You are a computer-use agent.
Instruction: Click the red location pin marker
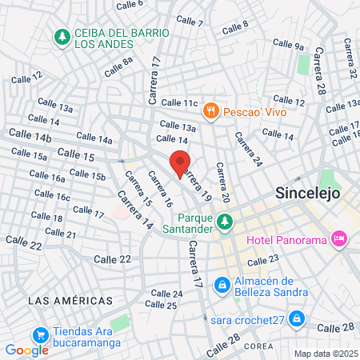[181, 165]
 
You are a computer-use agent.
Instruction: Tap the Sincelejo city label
[308, 193]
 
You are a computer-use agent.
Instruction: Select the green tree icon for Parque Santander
[226, 221]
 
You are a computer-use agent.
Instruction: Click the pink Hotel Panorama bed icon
[340, 238]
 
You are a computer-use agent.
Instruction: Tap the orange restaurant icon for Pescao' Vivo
[211, 111]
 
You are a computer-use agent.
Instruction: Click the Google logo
[26, 350]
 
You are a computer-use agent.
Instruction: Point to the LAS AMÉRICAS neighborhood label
[70, 300]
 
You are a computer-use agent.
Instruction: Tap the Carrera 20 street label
[222, 183]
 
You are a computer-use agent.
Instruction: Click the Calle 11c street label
[178, 102]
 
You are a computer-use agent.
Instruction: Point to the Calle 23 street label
[263, 259]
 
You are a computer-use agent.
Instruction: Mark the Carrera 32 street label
[351, 63]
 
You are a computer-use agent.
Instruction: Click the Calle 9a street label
[289, 46]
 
